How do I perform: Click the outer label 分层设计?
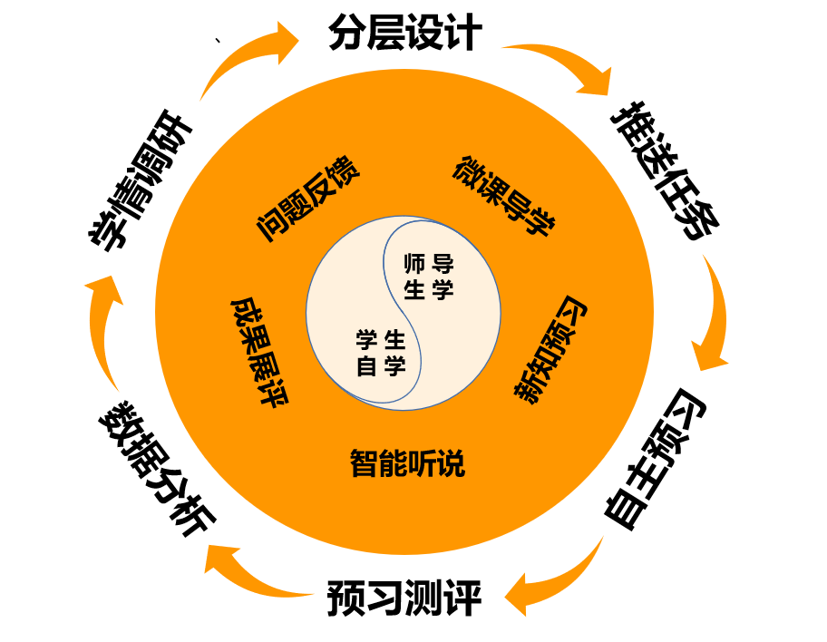[x=404, y=34]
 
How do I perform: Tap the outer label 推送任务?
[x=666, y=172]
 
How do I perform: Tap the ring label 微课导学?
[x=503, y=197]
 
